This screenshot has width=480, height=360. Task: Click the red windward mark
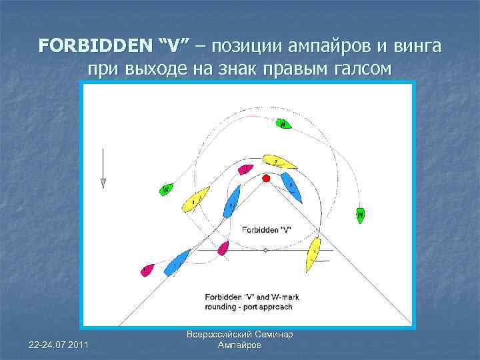click(x=267, y=178)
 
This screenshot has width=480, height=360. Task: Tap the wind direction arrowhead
click(x=103, y=183)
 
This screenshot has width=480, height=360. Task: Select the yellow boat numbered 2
click(x=280, y=161)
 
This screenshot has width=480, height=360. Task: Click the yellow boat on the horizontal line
click(x=312, y=254)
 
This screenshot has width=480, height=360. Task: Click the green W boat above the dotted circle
click(x=284, y=123)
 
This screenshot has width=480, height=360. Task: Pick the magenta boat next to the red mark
click(x=246, y=169)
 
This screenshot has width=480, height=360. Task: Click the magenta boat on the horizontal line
click(x=223, y=248)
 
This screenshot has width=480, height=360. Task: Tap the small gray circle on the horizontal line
click(x=265, y=251)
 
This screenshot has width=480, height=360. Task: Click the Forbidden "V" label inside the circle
click(x=267, y=229)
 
